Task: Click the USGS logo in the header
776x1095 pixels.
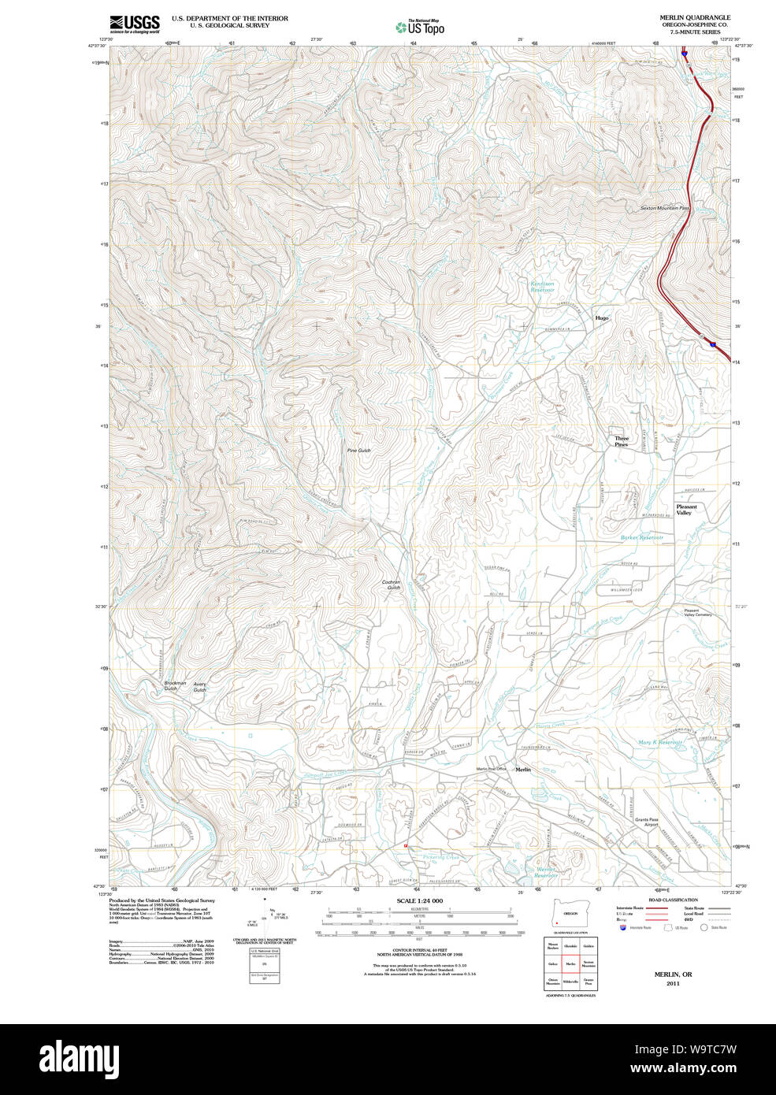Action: [135, 23]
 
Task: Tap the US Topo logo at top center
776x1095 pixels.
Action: [421, 28]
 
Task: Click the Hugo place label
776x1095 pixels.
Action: [602, 318]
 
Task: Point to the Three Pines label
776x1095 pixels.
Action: [622, 442]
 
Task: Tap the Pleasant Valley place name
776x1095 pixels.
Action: [685, 510]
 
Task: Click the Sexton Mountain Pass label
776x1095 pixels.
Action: [664, 208]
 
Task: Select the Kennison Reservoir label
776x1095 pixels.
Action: [542, 287]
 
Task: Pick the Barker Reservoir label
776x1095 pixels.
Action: [642, 537]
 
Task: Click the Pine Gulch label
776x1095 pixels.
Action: [358, 451]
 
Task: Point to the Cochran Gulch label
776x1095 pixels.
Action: [392, 585]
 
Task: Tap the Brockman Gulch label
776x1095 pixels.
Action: [175, 686]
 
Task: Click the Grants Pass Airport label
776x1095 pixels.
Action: [647, 822]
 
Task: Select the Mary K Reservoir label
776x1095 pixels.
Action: [659, 742]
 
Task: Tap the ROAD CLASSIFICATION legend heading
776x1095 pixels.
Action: [672, 900]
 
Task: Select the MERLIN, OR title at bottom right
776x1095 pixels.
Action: [673, 974]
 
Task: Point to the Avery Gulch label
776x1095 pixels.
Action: [200, 687]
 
